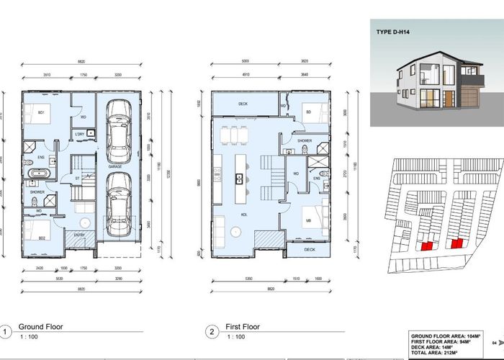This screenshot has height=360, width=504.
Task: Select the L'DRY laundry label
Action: [x=80, y=134]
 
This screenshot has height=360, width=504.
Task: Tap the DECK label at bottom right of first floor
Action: [x=309, y=250]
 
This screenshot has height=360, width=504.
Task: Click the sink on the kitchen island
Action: [x=237, y=176]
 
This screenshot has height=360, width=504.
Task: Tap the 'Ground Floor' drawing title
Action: [x=40, y=327]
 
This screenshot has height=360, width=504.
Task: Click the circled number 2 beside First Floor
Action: [x=212, y=332]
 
